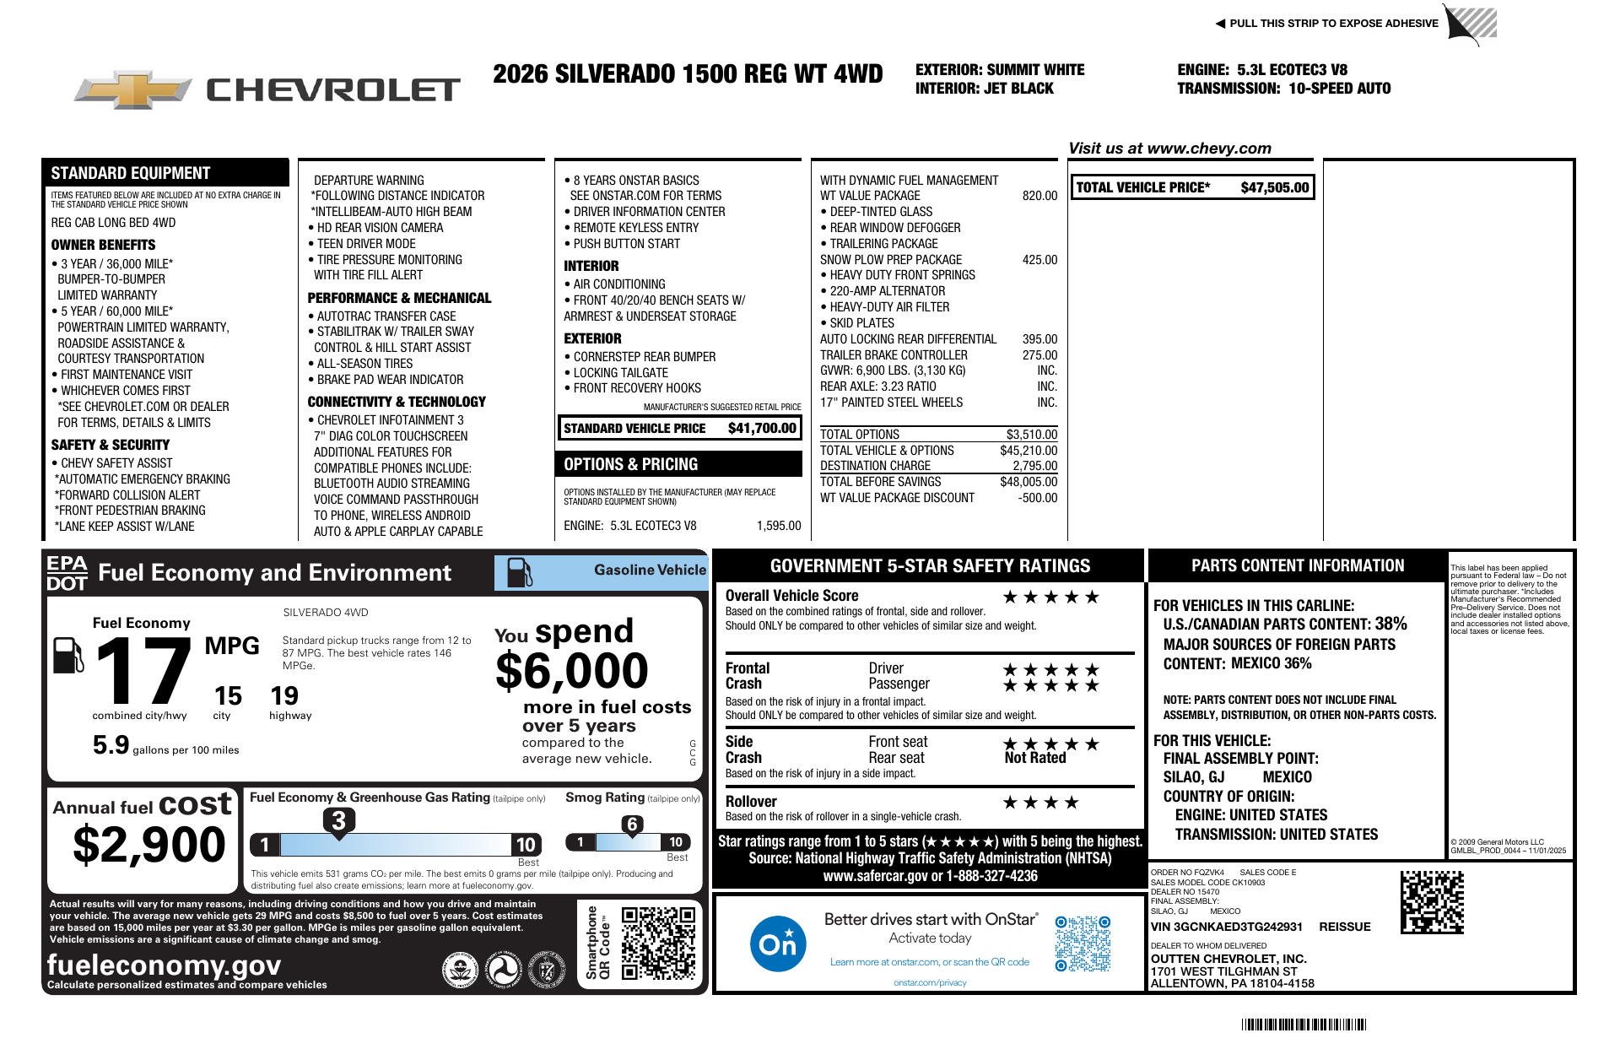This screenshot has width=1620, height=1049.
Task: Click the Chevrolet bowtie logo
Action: pyautogui.click(x=133, y=89)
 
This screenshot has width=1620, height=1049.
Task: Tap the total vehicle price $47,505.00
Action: pyautogui.click(x=1274, y=188)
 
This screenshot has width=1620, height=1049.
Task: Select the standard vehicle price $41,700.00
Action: pyautogui.click(x=762, y=429)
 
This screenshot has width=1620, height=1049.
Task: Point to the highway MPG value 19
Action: pyautogui.click(x=284, y=696)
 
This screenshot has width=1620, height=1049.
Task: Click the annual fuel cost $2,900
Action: pyautogui.click(x=149, y=845)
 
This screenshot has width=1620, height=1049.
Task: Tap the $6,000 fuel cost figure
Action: pyautogui.click(x=572, y=672)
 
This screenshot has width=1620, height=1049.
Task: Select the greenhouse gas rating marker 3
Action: pyautogui.click(x=338, y=820)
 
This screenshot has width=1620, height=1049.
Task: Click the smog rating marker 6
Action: pyautogui.click(x=632, y=825)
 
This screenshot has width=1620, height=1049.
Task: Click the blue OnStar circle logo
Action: pyautogui.click(x=777, y=943)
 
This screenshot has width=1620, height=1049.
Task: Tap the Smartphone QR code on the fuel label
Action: pyautogui.click(x=658, y=943)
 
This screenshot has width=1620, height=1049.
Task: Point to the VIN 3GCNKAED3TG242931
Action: pyautogui.click(x=1226, y=927)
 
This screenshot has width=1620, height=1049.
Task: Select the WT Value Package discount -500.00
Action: pyautogui.click(x=1038, y=498)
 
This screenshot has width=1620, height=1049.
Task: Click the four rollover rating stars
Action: pyautogui.click(x=1040, y=803)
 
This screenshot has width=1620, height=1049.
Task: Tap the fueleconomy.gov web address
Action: pyautogui.click(x=164, y=965)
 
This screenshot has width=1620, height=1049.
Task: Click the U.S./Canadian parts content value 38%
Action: pyautogui.click(x=1390, y=624)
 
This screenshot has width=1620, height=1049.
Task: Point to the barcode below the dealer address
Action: pyautogui.click(x=1304, y=1025)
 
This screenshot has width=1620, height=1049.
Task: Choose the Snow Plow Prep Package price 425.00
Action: pyautogui.click(x=1039, y=260)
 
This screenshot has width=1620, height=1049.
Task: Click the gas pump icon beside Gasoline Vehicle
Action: pyautogui.click(x=519, y=573)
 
